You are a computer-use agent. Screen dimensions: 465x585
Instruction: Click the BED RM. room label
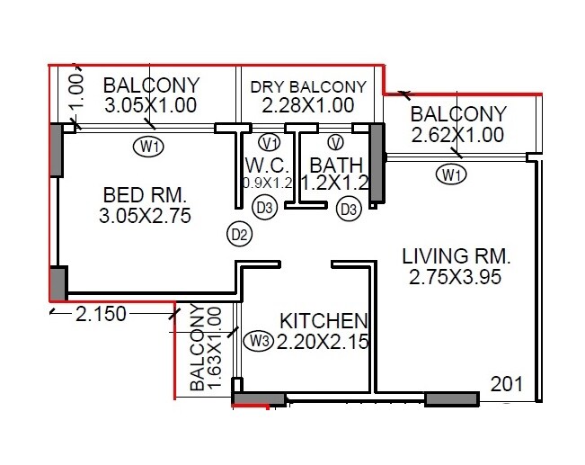tap(144, 194)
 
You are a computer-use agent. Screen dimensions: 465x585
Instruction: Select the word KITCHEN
tap(324, 321)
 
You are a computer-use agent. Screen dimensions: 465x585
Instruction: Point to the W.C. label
tap(265, 165)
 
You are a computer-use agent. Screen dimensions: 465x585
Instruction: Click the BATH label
tap(335, 165)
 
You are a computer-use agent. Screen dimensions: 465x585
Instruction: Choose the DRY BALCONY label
tap(308, 87)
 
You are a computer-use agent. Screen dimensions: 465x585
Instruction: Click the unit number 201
tap(507, 384)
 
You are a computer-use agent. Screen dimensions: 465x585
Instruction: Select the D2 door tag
tap(239, 235)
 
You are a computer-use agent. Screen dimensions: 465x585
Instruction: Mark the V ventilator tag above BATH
tap(335, 143)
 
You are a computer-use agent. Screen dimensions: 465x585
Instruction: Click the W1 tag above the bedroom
tap(149, 146)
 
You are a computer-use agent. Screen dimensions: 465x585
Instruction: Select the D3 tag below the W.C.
tap(264, 209)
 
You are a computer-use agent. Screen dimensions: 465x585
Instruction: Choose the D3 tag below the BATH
tap(348, 210)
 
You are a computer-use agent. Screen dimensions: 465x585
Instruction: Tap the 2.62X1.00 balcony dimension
tap(457, 136)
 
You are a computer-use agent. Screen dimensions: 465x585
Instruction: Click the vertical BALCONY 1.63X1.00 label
tap(206, 350)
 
